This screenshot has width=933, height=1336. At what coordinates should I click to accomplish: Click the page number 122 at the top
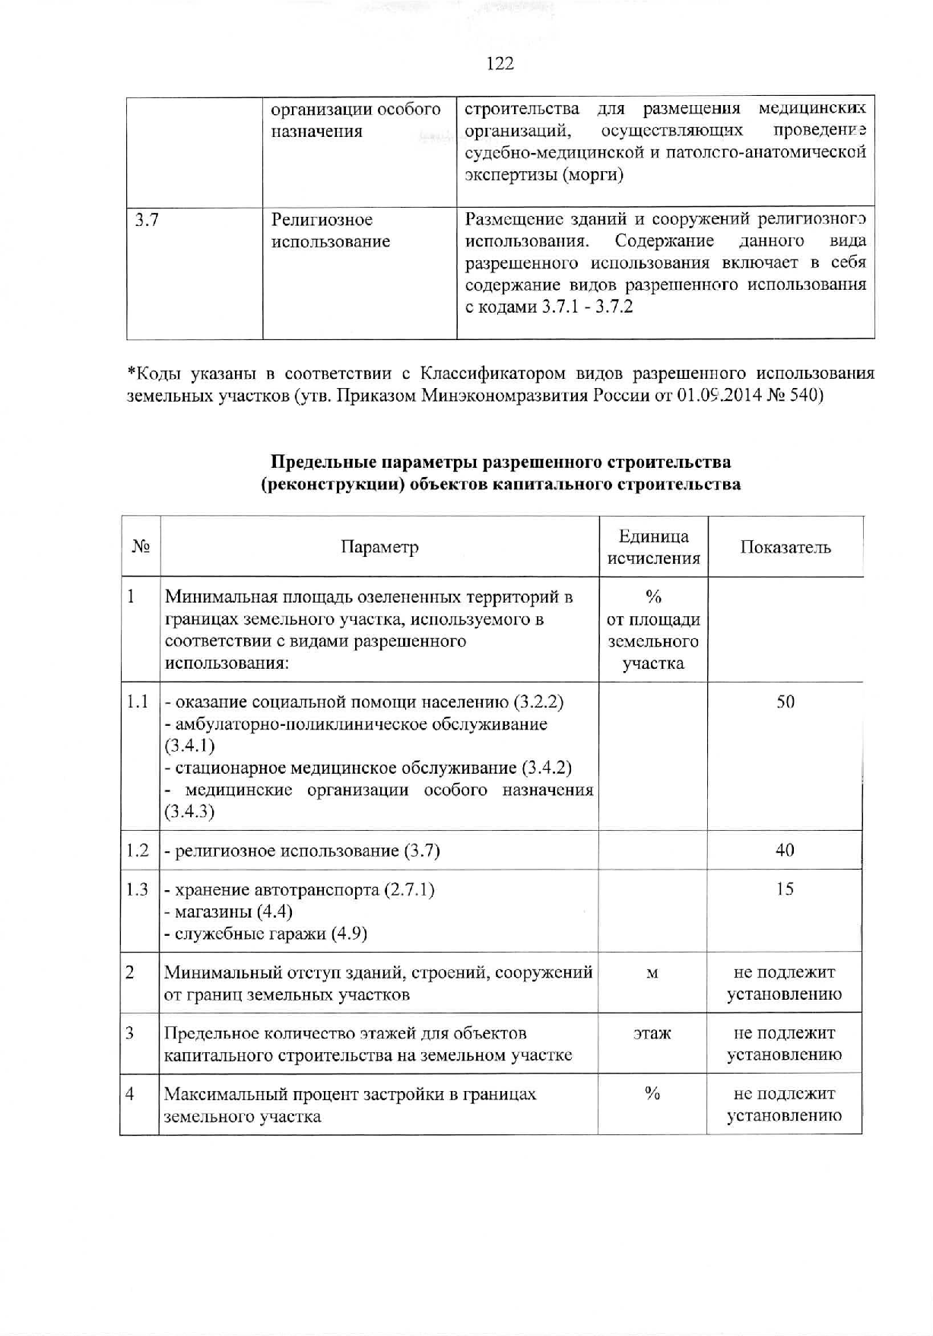(x=500, y=64)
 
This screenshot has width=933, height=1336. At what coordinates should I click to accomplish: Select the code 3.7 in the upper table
(x=146, y=221)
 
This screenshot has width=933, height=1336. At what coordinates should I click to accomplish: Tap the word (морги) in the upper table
(x=593, y=175)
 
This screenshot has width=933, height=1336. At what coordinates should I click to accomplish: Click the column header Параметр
(x=379, y=547)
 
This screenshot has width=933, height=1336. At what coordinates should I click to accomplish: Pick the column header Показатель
(x=785, y=547)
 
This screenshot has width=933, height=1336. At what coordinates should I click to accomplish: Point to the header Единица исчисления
(x=653, y=547)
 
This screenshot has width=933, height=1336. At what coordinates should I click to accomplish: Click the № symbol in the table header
(x=141, y=547)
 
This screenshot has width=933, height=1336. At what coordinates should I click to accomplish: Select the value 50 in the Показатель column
(x=785, y=701)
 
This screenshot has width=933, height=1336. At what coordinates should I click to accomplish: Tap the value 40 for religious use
(x=785, y=850)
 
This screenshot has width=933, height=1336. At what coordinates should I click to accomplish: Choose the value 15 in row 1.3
(x=785, y=889)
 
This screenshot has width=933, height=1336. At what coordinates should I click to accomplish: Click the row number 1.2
(x=138, y=850)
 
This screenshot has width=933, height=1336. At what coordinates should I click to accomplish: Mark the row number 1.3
(x=138, y=889)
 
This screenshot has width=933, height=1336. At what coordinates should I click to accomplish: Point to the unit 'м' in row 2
(x=652, y=973)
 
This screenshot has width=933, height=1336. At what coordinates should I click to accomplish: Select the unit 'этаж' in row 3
(x=652, y=1033)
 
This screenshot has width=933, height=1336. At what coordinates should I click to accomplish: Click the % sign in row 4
(x=652, y=1094)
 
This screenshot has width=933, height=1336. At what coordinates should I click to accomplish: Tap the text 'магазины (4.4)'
(x=228, y=911)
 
